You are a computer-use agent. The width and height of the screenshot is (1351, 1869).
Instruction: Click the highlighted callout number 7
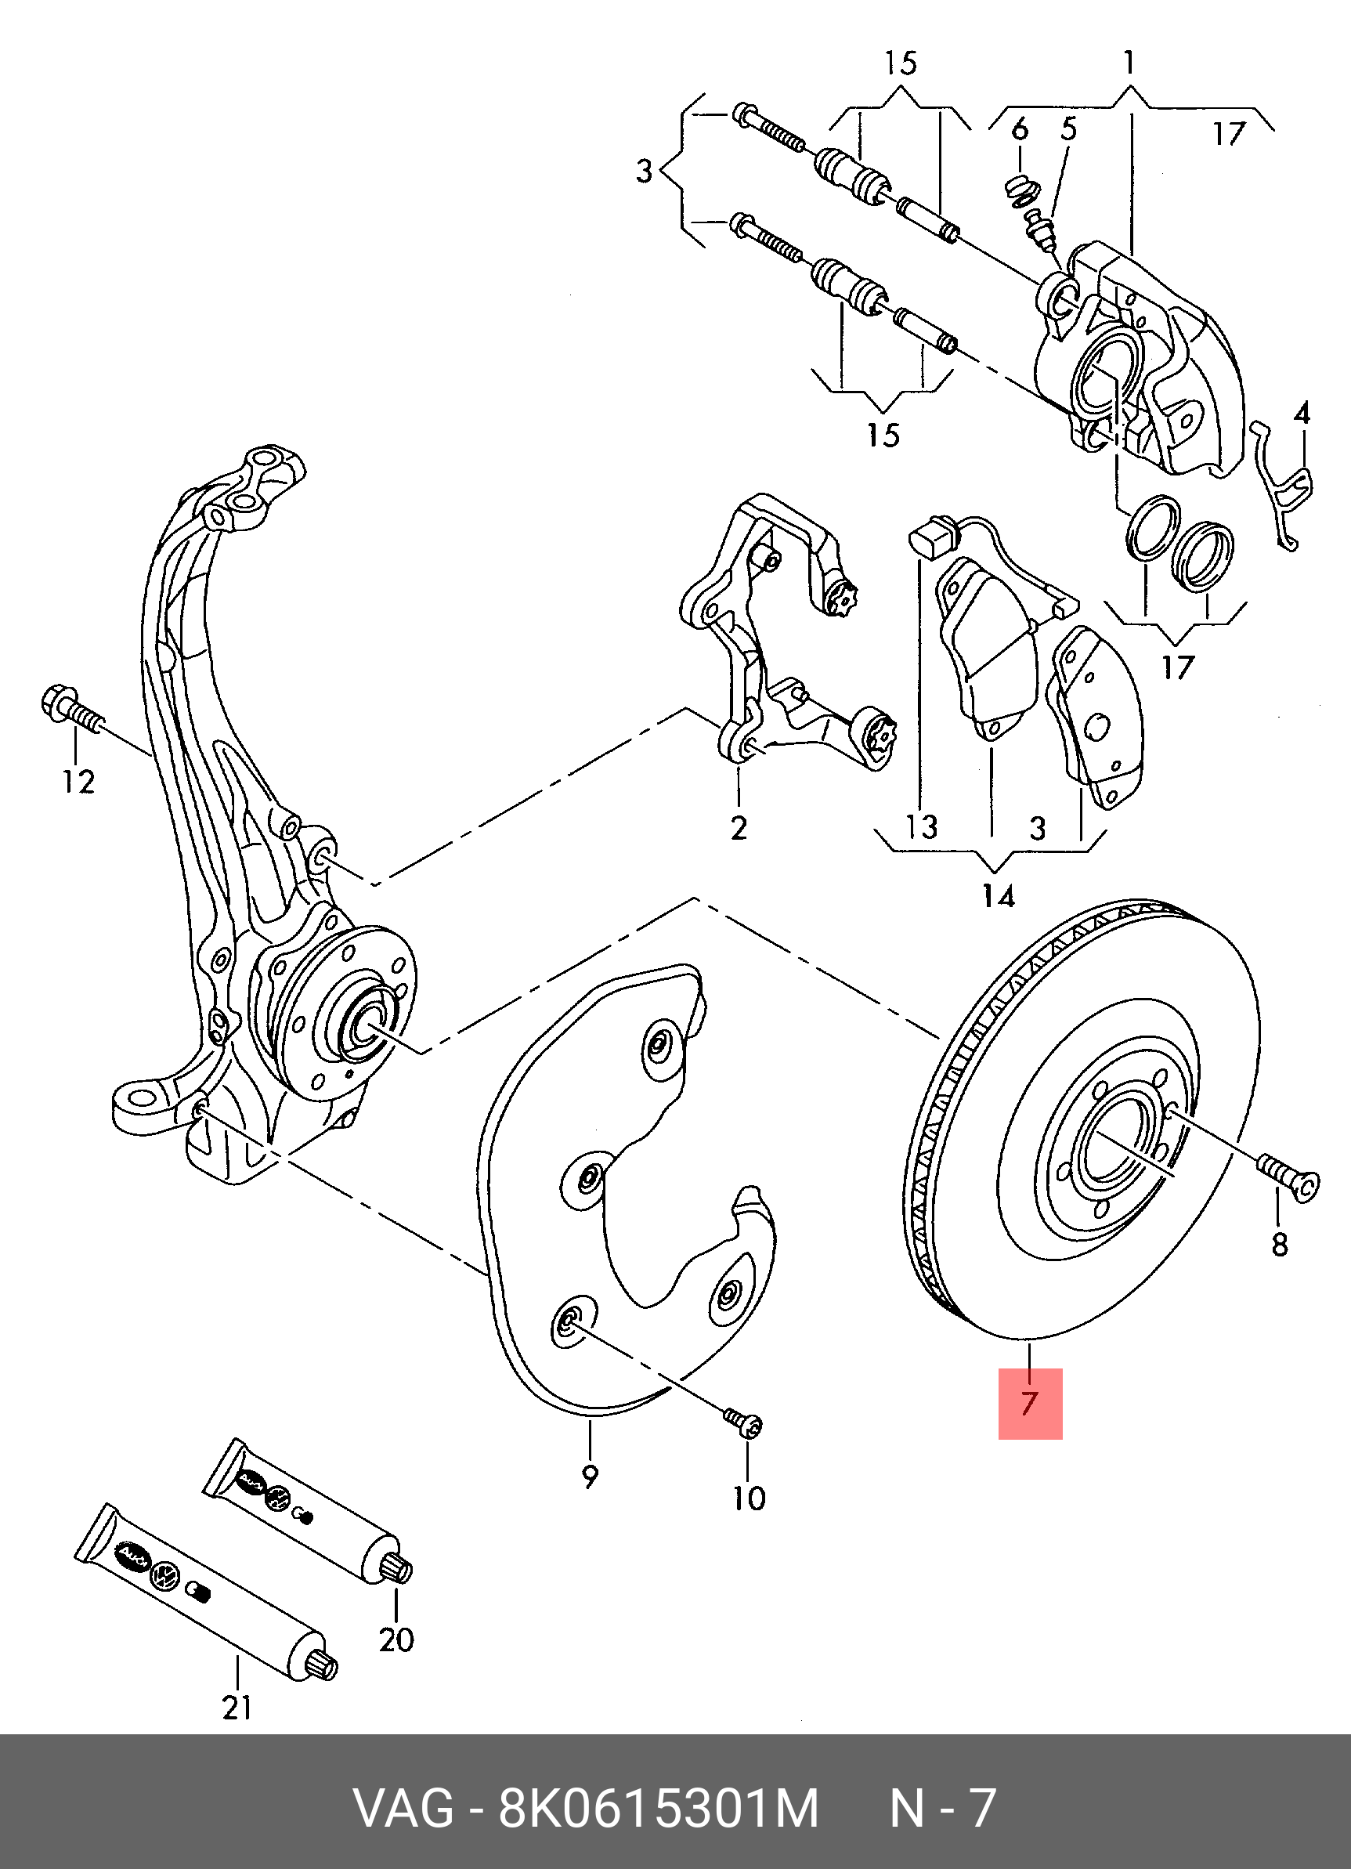(1029, 1404)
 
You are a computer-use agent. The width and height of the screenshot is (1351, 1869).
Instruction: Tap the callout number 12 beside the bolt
(78, 781)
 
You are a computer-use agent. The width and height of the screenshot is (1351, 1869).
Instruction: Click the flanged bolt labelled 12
(70, 713)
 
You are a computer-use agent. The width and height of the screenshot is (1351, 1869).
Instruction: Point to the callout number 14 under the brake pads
(998, 896)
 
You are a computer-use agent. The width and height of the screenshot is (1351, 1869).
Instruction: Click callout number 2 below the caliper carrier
(738, 826)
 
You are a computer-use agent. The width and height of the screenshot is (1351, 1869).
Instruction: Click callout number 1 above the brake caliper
(1129, 63)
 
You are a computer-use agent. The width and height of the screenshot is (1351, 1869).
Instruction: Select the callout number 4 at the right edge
(1301, 412)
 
